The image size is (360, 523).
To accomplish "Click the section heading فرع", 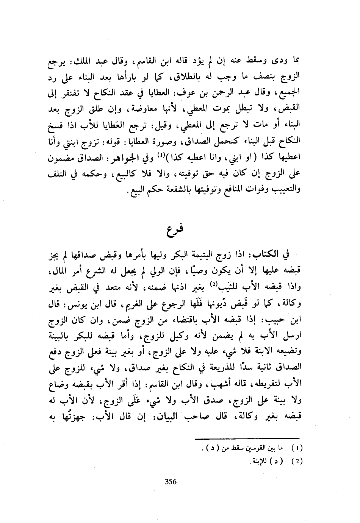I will pos(174,228).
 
